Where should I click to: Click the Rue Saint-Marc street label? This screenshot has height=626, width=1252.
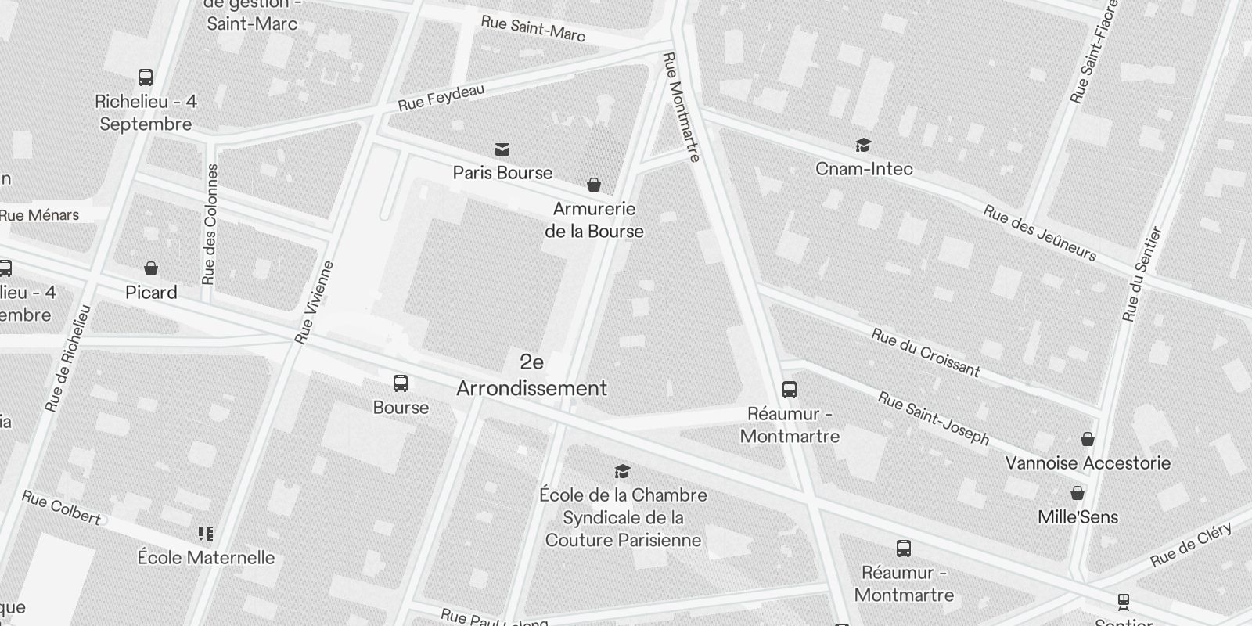(533, 28)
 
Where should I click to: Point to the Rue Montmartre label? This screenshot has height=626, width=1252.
(681, 107)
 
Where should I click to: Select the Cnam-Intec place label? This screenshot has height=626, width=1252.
(864, 169)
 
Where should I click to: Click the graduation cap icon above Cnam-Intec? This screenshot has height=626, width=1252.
(863, 146)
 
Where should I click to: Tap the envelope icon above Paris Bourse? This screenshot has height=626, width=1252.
(502, 149)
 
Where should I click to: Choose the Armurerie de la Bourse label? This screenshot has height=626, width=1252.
(594, 220)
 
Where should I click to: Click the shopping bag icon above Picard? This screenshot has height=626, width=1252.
(151, 269)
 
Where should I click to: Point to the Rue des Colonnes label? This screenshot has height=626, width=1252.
(210, 225)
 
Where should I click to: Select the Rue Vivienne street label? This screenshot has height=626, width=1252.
(315, 303)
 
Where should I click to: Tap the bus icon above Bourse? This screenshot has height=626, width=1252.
(401, 383)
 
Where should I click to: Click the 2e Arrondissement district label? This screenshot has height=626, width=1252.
(531, 376)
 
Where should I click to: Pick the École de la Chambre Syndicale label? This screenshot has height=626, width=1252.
(623, 517)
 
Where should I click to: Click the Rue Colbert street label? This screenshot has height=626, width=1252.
(61, 507)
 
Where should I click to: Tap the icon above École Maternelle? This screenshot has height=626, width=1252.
(206, 534)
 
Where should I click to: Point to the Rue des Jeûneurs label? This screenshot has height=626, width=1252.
(1040, 233)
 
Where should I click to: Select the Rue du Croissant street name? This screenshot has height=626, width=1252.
(926, 353)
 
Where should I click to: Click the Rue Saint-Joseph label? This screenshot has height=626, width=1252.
(934, 418)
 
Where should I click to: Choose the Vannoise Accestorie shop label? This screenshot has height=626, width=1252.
(1088, 463)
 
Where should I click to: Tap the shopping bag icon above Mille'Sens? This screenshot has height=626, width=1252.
(1078, 493)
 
